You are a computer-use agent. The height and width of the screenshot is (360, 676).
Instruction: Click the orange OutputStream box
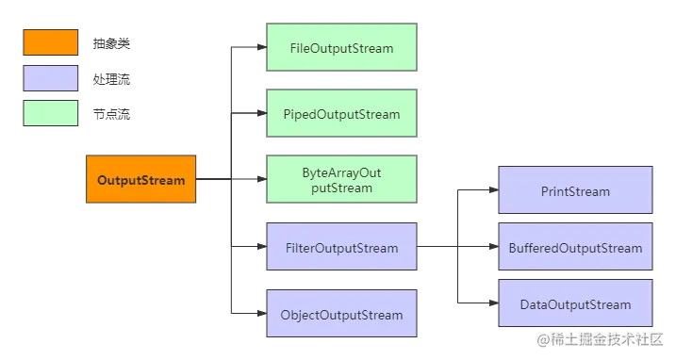140,178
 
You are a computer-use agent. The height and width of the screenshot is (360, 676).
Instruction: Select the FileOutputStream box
341,48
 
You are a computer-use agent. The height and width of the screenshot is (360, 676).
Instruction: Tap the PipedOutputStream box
341,114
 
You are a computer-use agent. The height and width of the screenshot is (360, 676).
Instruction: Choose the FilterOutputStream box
341,249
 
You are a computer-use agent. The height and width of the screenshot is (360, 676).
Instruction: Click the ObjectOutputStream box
341,315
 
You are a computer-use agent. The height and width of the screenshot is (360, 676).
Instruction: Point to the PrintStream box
574,191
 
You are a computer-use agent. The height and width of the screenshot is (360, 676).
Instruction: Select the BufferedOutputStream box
574,249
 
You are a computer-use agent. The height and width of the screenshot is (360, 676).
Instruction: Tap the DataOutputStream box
574,304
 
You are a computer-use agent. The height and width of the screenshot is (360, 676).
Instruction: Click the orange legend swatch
51,43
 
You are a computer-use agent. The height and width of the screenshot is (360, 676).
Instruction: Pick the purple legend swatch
51,78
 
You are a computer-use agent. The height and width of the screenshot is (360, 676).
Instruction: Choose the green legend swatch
51,113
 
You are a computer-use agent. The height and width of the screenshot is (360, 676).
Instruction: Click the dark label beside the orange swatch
112,44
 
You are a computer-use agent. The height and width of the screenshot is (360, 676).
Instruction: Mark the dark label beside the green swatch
112,113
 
